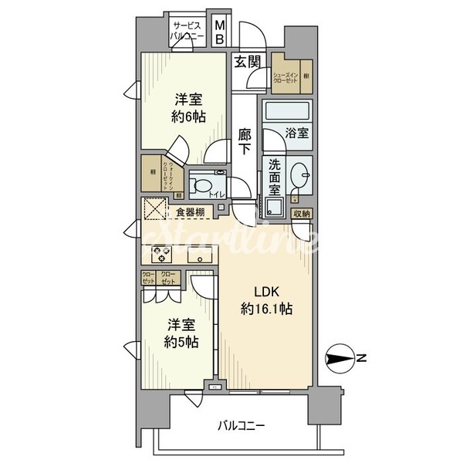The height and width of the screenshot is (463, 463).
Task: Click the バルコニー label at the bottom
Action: [241, 425]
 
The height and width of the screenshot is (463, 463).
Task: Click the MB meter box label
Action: [219, 31]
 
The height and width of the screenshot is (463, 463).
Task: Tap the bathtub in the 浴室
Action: [286, 111]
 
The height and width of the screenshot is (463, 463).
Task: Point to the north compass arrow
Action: [340, 357]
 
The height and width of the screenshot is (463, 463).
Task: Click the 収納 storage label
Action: [301, 213]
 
